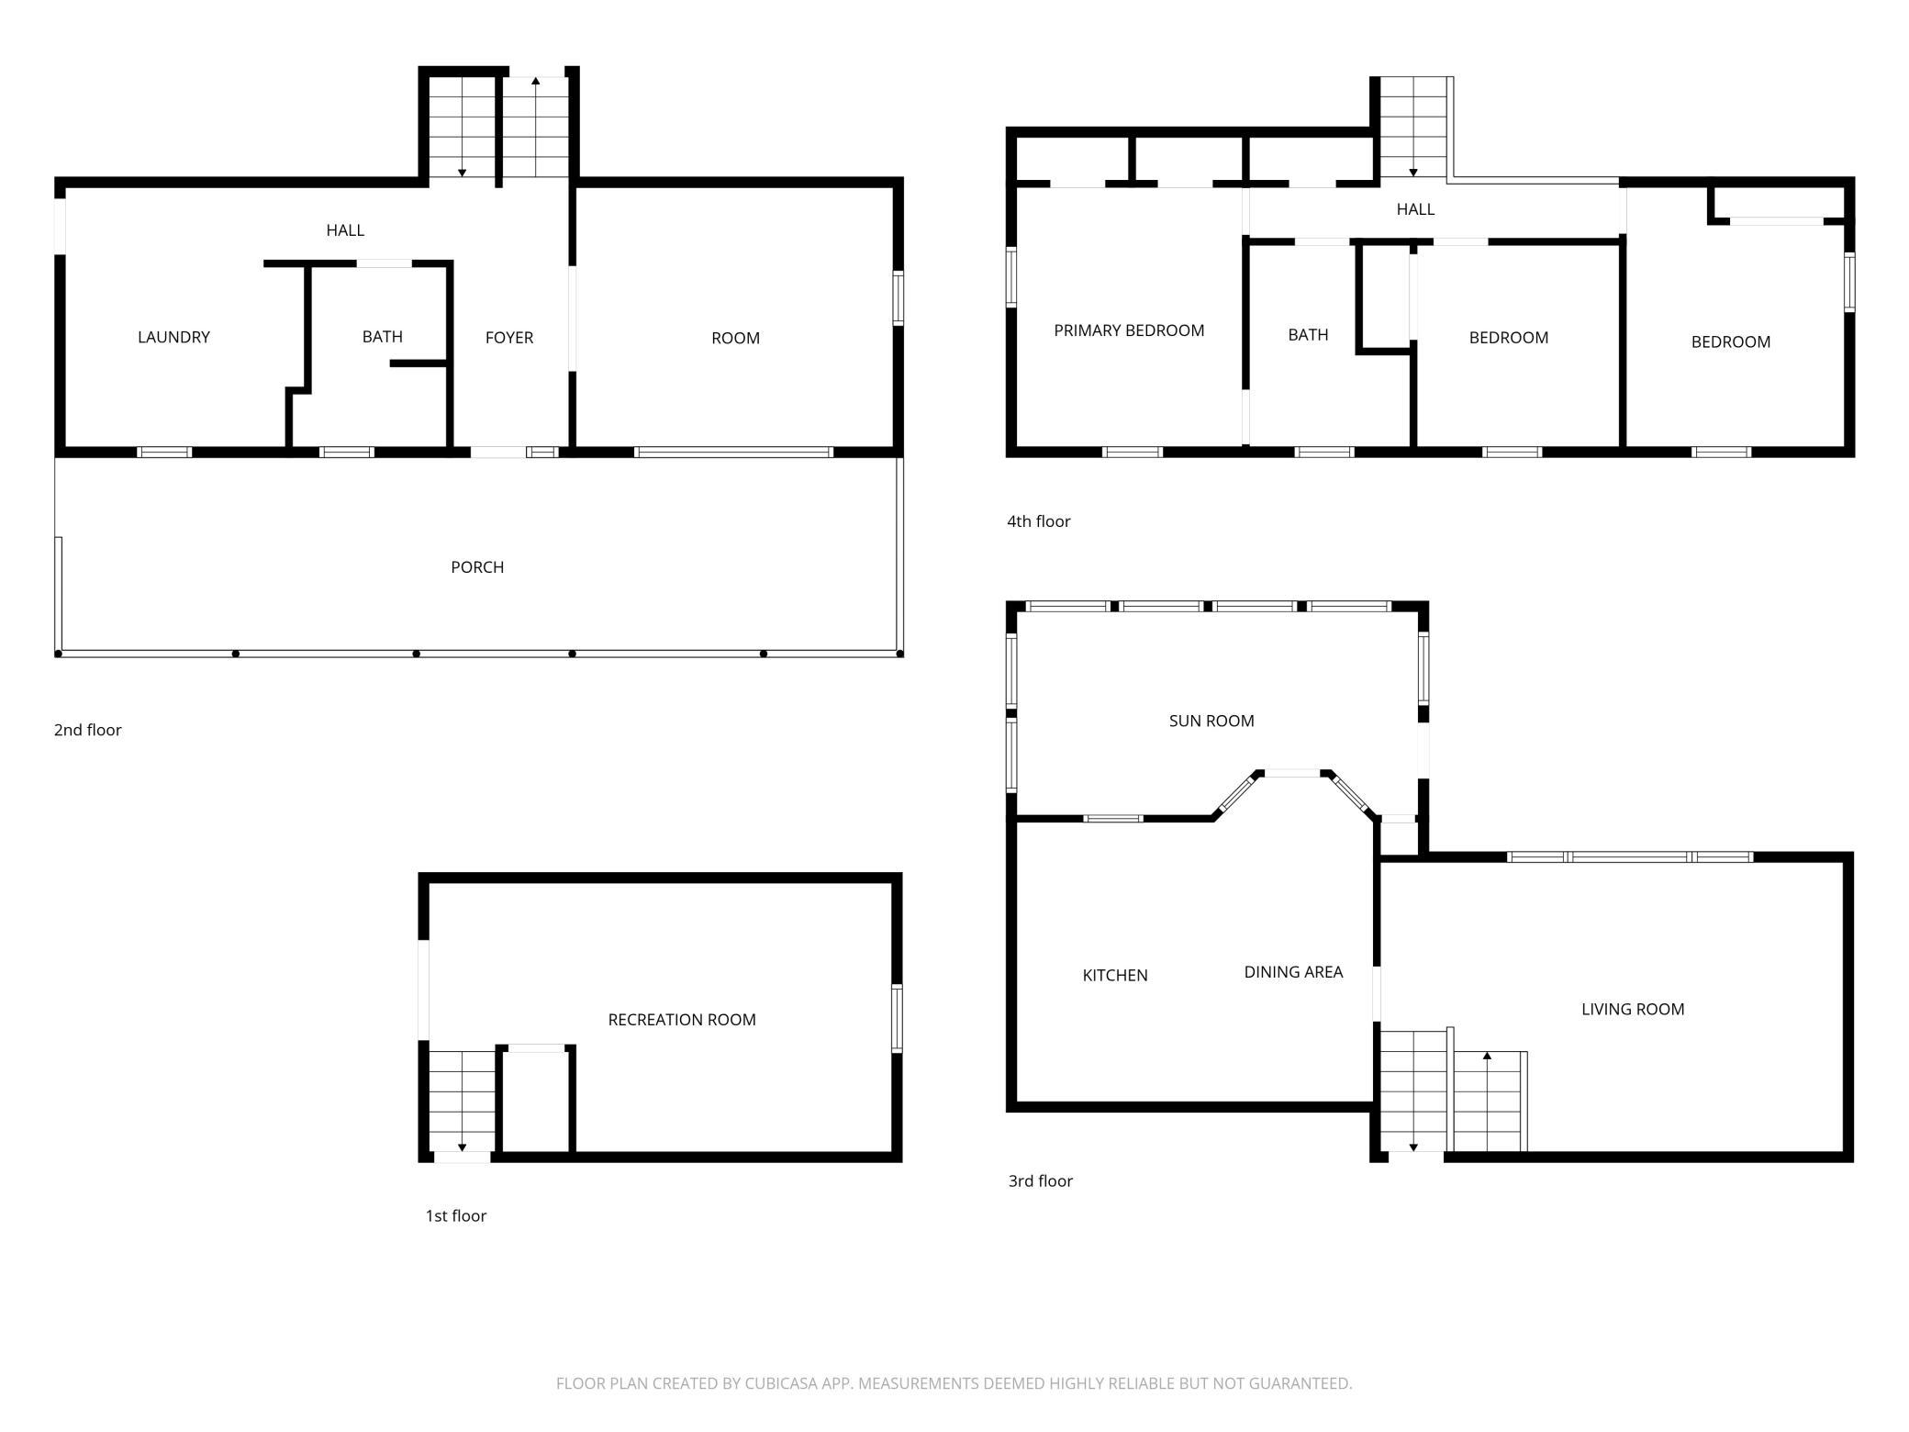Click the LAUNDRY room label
point(173,337)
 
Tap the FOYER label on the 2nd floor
point(509,338)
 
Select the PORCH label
point(477,567)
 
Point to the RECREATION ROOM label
point(682,1020)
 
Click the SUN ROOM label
point(1211,721)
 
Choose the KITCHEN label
point(1115,975)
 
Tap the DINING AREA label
point(1293,971)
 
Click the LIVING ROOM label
point(1633,1009)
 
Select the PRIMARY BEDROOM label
point(1129,330)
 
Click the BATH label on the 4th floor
point(1308,335)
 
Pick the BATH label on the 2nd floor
point(382,337)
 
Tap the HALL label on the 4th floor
point(1415,209)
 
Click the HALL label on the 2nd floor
point(345,230)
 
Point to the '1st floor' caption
point(456,1216)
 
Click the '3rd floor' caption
point(1041,1181)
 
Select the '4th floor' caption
point(1039,521)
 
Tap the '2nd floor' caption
point(88,730)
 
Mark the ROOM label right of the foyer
point(735,338)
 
